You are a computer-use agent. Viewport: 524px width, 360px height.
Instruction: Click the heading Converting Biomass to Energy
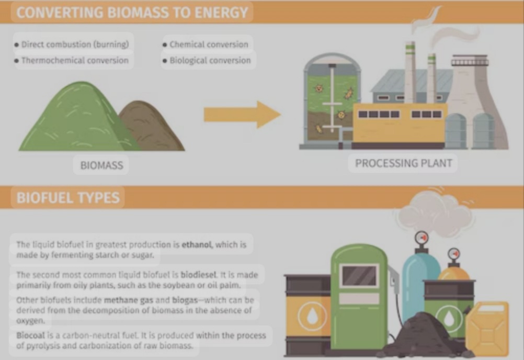coord(132,12)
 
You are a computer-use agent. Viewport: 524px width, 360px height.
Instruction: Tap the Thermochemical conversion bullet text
coord(74,60)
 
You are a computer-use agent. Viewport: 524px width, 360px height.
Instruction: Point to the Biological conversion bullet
coord(210,60)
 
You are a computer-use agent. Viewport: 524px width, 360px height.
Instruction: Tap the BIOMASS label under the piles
coord(101,166)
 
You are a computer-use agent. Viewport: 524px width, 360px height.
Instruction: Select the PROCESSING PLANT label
coord(403,163)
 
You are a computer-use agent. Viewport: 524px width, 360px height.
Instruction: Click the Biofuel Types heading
coord(68,198)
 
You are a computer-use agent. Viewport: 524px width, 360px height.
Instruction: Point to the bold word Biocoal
coord(29,335)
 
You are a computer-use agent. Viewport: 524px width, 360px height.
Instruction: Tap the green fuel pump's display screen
coord(359,276)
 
